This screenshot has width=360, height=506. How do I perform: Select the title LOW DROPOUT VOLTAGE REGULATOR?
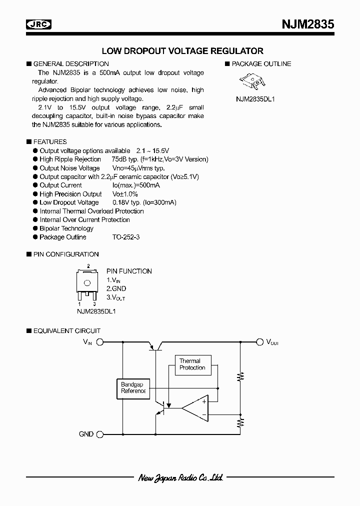[182, 51]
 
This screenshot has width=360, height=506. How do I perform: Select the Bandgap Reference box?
[132, 387]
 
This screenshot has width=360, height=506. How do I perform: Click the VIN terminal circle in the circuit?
[99, 342]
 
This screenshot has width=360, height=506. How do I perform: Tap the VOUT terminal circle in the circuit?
[259, 342]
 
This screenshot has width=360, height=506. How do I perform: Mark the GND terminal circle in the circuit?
[99, 434]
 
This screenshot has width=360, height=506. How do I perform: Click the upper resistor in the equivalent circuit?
[241, 376]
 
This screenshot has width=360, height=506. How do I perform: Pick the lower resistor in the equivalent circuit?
[241, 424]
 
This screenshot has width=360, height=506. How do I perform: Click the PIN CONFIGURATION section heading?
[65, 254]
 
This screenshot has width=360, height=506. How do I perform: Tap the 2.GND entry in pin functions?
[116, 289]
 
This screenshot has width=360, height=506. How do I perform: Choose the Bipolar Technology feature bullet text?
[66, 228]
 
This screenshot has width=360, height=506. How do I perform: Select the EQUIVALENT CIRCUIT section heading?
[66, 331]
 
